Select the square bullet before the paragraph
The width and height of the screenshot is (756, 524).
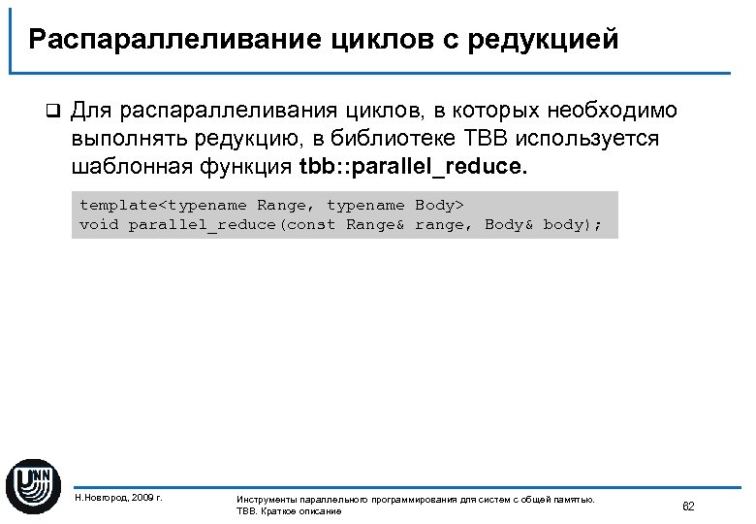tap(53, 110)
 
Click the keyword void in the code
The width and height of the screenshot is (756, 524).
tap(99, 224)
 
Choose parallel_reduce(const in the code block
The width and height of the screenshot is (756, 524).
tap(232, 224)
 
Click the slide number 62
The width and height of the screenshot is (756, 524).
tap(689, 507)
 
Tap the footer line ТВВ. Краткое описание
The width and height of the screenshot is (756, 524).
tap(289, 511)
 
